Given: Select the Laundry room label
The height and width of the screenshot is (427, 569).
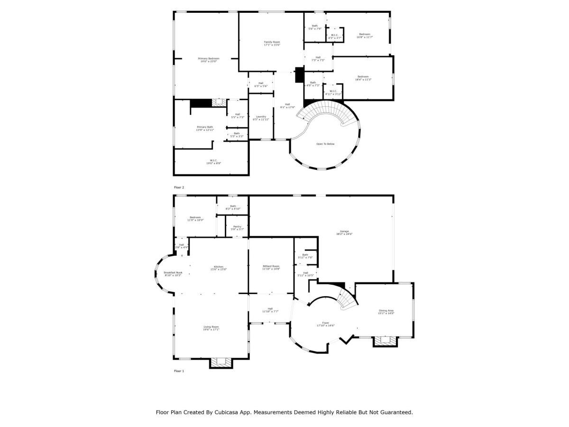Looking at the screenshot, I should point(261,117).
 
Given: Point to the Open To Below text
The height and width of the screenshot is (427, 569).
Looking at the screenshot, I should point(325,144).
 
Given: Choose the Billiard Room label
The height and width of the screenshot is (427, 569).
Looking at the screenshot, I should point(271,267).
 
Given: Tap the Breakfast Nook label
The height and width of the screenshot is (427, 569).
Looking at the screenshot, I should point(173,273).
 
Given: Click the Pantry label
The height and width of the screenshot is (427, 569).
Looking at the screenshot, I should point(237,227).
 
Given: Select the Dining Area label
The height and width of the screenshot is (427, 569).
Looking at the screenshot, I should point(386,311).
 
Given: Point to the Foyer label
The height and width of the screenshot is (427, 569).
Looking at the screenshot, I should point(325,324).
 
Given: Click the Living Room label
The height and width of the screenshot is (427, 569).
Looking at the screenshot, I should point(211,327).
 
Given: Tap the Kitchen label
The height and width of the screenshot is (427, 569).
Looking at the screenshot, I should point(219,267).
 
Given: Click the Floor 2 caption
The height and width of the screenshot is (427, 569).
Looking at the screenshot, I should point(179,187).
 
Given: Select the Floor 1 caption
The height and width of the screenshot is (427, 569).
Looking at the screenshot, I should point(179,371).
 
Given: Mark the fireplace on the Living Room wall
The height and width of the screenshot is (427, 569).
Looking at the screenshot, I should point(220,362).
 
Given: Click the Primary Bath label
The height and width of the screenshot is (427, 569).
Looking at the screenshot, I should point(205,128).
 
